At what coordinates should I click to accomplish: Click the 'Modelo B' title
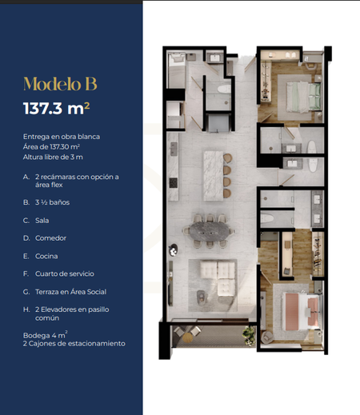click(60, 84)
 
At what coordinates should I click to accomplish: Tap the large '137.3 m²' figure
click(57, 108)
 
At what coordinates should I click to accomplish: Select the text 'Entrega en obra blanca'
click(62, 137)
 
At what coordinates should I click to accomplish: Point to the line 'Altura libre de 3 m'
click(53, 157)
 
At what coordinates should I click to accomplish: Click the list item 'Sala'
click(42, 221)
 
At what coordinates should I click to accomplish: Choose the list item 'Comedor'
click(50, 238)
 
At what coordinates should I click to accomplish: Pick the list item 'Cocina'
click(46, 256)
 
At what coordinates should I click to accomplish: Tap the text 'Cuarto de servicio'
click(65, 273)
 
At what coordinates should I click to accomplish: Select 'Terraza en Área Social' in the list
click(70, 292)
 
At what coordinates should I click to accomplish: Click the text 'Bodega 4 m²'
click(45, 335)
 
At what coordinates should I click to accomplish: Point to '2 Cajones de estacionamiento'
click(74, 344)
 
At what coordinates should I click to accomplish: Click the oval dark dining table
click(210, 231)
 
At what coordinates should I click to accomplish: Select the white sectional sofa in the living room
click(218, 277)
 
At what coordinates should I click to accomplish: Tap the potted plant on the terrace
click(249, 335)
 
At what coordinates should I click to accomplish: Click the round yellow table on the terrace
click(187, 337)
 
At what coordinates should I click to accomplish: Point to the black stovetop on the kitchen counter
click(174, 182)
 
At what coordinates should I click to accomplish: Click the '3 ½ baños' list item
click(52, 202)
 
